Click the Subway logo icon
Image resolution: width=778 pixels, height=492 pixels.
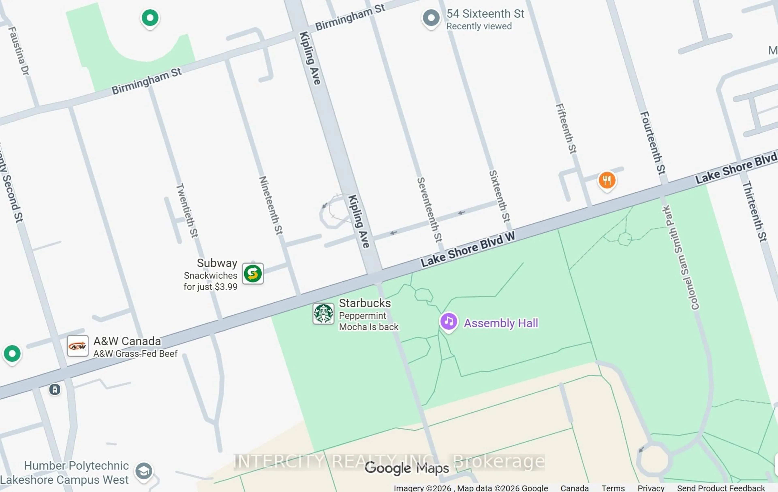coord(253,274)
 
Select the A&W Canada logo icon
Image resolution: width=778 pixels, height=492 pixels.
coord(78,346)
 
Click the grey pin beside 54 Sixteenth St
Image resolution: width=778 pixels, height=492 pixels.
coord(431,18)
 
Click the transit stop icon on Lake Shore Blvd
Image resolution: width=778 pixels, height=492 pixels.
coord(55,389)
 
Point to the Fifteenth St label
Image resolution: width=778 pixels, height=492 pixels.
coord(566,129)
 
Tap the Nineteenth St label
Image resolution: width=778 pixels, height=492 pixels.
coord(271,205)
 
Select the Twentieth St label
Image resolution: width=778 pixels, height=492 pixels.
coord(187,211)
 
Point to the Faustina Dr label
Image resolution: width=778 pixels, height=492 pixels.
coord(18,51)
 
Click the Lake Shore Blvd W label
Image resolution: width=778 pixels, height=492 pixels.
coord(468,249)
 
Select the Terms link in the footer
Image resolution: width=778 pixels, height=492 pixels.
coord(613,488)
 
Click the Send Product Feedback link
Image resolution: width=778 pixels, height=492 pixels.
coord(721,488)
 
